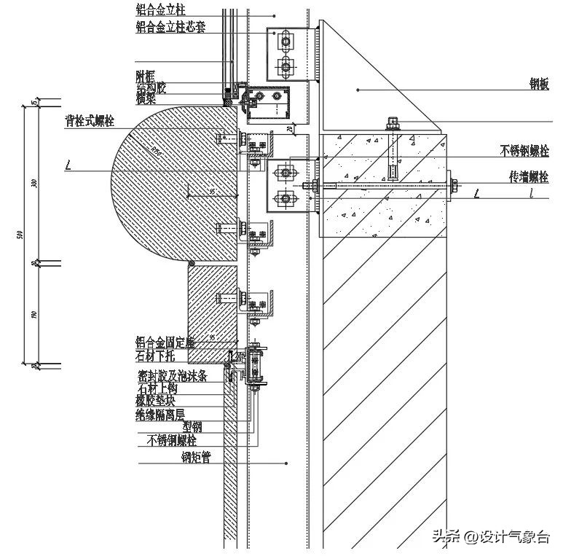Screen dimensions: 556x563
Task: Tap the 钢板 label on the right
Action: [539, 85]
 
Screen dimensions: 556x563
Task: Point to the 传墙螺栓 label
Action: [529, 177]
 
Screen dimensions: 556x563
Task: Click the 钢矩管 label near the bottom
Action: [196, 458]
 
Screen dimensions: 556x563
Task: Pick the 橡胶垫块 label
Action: [156, 400]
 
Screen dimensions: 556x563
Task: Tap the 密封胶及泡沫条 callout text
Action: [172, 375]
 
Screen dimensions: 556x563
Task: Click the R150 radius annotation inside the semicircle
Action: [157, 152]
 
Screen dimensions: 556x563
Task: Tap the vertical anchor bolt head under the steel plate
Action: [393, 122]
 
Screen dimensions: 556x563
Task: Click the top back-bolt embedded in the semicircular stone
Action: [227, 137]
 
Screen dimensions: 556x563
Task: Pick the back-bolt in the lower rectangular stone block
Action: [227, 297]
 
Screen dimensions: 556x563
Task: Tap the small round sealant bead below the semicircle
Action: [191, 263]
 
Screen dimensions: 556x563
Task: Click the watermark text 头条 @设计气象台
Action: [491, 538]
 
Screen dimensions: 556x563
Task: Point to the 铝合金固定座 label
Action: [165, 341]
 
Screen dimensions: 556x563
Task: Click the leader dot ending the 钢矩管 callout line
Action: [287, 463]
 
